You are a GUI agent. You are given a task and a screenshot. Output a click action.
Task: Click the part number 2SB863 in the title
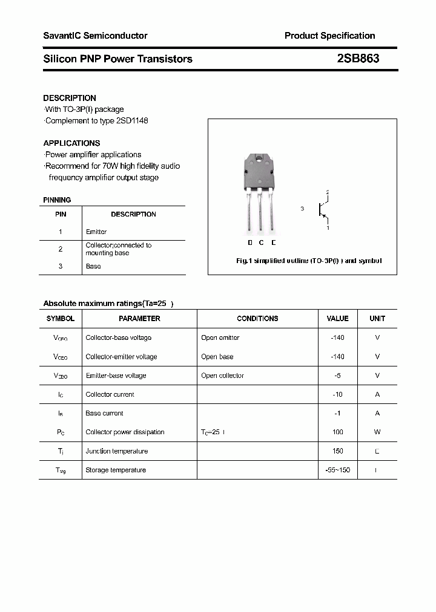pos(358,59)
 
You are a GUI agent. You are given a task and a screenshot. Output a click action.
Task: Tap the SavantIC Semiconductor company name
pos(95,36)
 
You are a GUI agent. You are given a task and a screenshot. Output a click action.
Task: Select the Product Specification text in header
pos(329,36)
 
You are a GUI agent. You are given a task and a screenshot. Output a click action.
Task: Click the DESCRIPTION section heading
pos(70,98)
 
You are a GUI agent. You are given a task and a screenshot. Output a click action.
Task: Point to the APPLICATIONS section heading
pos(71,143)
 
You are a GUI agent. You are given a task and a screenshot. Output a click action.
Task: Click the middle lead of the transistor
pos(261,212)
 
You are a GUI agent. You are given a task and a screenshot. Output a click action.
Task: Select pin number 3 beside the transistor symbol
pos(302,209)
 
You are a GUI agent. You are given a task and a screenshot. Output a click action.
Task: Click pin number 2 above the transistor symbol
pos(328,192)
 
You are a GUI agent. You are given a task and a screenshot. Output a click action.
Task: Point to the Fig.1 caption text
pos(308,261)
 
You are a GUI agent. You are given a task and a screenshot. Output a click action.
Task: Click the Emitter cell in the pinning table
pos(96,232)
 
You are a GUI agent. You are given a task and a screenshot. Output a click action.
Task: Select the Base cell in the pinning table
pos(93,266)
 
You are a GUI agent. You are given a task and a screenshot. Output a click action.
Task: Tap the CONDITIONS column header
pos(257,318)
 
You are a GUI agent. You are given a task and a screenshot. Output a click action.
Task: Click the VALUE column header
pos(337,318)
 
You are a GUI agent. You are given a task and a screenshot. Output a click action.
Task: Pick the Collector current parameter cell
pos(110,394)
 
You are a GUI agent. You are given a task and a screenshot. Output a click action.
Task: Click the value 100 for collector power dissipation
pos(337,432)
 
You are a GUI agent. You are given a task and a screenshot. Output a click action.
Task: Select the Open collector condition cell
pos(222,376)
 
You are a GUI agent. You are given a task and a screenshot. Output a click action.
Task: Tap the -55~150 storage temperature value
pos(337,470)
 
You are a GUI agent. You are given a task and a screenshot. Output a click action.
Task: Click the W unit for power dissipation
pos(377,432)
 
